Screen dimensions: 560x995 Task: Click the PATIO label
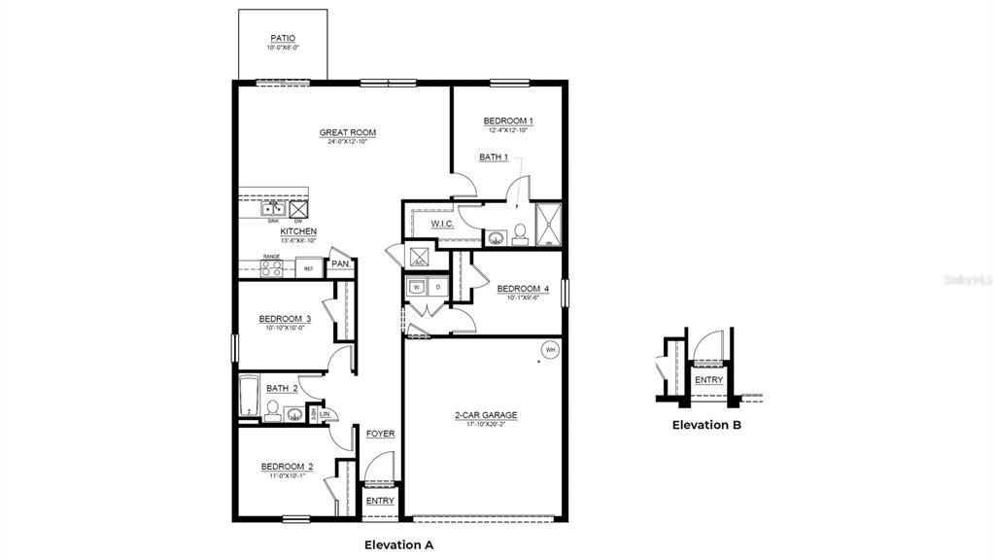pyautogui.click(x=283, y=38)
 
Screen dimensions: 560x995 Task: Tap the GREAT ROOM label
pyautogui.click(x=347, y=132)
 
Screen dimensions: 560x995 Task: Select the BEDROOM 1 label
pyautogui.click(x=508, y=122)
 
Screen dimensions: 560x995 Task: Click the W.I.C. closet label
pyautogui.click(x=442, y=225)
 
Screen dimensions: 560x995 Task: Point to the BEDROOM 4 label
pyautogui.click(x=523, y=289)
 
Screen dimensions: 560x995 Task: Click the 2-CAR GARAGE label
pyautogui.click(x=486, y=415)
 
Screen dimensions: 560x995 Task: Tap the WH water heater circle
pyautogui.click(x=550, y=349)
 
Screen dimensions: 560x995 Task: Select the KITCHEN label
pyautogui.click(x=298, y=231)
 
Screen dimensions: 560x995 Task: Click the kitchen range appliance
pyautogui.click(x=271, y=267)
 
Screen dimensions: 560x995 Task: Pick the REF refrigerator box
pyautogui.click(x=309, y=268)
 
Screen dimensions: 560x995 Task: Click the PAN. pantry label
pyautogui.click(x=340, y=263)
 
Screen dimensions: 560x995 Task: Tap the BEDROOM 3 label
pyautogui.click(x=285, y=319)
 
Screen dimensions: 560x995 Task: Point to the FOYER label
pyautogui.click(x=380, y=434)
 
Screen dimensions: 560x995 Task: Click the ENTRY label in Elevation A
pyautogui.click(x=380, y=501)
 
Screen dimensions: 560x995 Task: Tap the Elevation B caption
pyautogui.click(x=707, y=425)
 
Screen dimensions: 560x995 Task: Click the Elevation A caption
pyautogui.click(x=398, y=545)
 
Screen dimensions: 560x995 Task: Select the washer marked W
pyautogui.click(x=416, y=288)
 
